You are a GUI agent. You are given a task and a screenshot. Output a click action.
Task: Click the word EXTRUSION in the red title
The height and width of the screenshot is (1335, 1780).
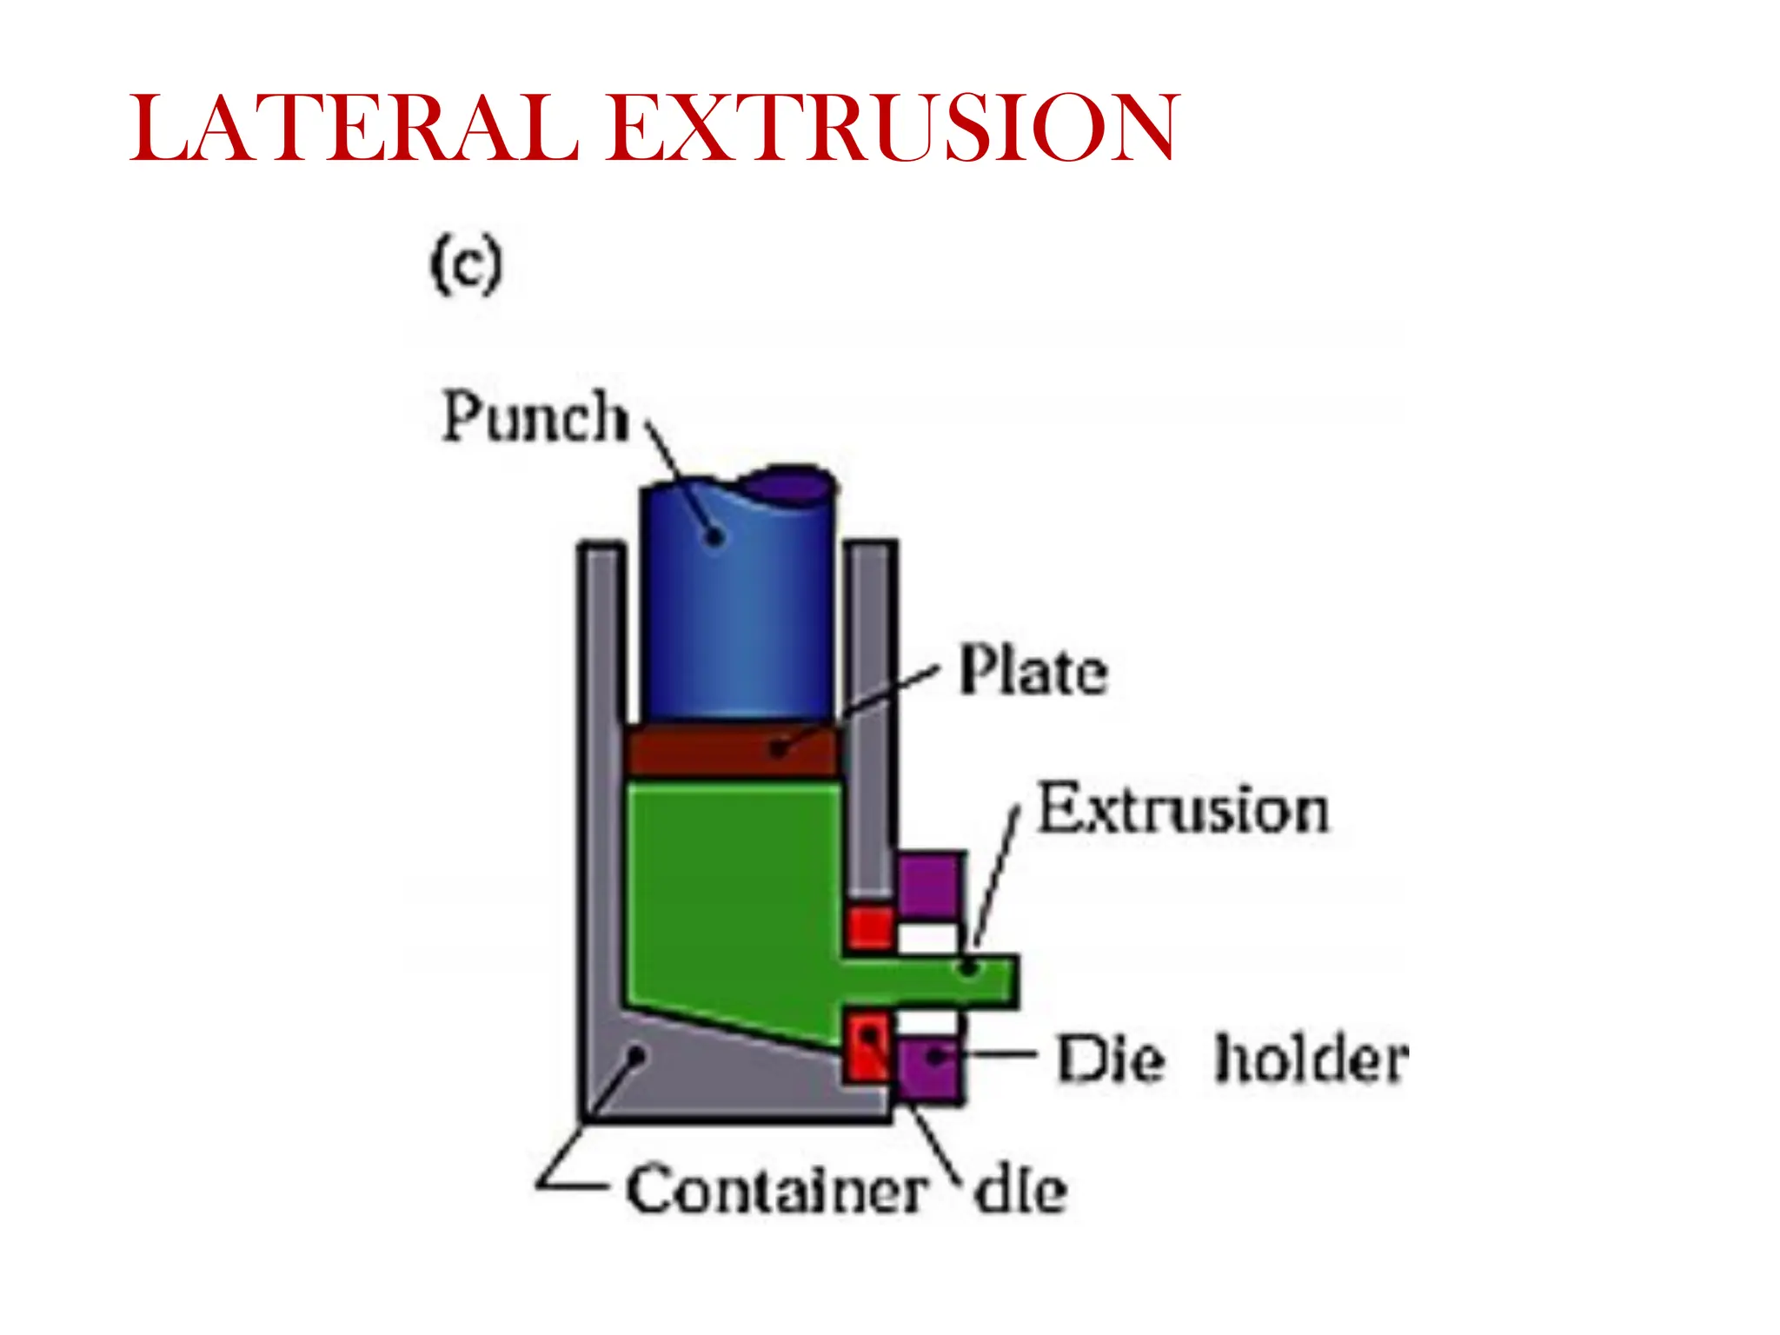click(893, 129)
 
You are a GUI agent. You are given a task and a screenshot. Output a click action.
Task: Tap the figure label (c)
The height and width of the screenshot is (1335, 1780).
click(467, 265)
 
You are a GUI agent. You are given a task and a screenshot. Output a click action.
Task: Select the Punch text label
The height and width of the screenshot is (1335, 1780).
click(535, 417)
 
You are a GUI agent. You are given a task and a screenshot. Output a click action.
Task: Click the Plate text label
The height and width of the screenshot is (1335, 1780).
click(1033, 671)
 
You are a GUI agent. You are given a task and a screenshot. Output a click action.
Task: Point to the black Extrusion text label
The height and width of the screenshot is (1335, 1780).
click(1184, 810)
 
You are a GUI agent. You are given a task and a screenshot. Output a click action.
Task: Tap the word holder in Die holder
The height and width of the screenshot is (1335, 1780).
click(1311, 1059)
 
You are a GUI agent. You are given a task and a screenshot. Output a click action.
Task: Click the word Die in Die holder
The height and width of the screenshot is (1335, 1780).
click(1110, 1059)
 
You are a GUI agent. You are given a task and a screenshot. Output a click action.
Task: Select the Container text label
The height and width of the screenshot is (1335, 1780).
click(776, 1191)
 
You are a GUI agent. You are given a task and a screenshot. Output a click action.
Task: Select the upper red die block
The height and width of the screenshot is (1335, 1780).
click(869, 927)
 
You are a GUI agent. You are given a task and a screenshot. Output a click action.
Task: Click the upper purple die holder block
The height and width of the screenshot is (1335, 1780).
click(929, 884)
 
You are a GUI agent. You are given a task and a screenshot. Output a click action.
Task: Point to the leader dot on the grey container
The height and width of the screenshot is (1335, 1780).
click(637, 1054)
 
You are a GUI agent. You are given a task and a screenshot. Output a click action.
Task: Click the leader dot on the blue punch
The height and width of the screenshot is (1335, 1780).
click(714, 536)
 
